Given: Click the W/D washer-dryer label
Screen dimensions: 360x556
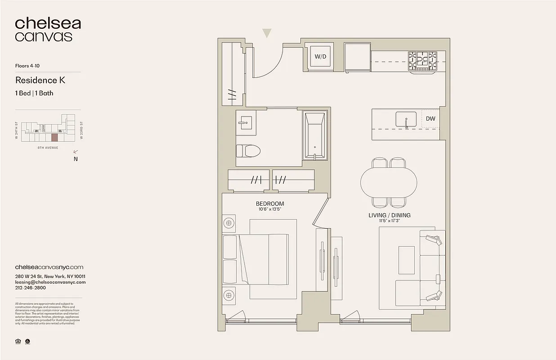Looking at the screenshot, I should coord(320,57).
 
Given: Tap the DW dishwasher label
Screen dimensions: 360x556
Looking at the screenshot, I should coord(430,119).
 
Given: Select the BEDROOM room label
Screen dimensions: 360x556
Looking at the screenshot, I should coord(270,204).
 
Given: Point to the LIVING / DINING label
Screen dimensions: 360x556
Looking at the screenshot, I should coord(390,215).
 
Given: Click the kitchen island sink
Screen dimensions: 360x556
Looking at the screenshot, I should coord(406,120).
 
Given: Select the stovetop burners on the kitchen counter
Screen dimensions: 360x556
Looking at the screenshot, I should coord(422,61).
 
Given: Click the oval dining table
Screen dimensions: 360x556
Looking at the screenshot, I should coord(389,182).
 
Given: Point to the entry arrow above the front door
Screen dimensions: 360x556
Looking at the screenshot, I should coord(267,32).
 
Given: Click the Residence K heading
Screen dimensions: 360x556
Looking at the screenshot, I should coord(40,80).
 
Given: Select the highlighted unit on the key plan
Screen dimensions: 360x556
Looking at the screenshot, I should coord(54,138).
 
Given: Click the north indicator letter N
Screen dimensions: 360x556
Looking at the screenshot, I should coord(76,158).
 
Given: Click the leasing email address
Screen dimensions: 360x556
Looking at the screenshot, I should coord(50,282).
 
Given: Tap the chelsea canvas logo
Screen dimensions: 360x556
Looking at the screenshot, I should coord(48,30).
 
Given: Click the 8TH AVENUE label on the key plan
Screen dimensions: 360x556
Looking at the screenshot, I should coord(48,147).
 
